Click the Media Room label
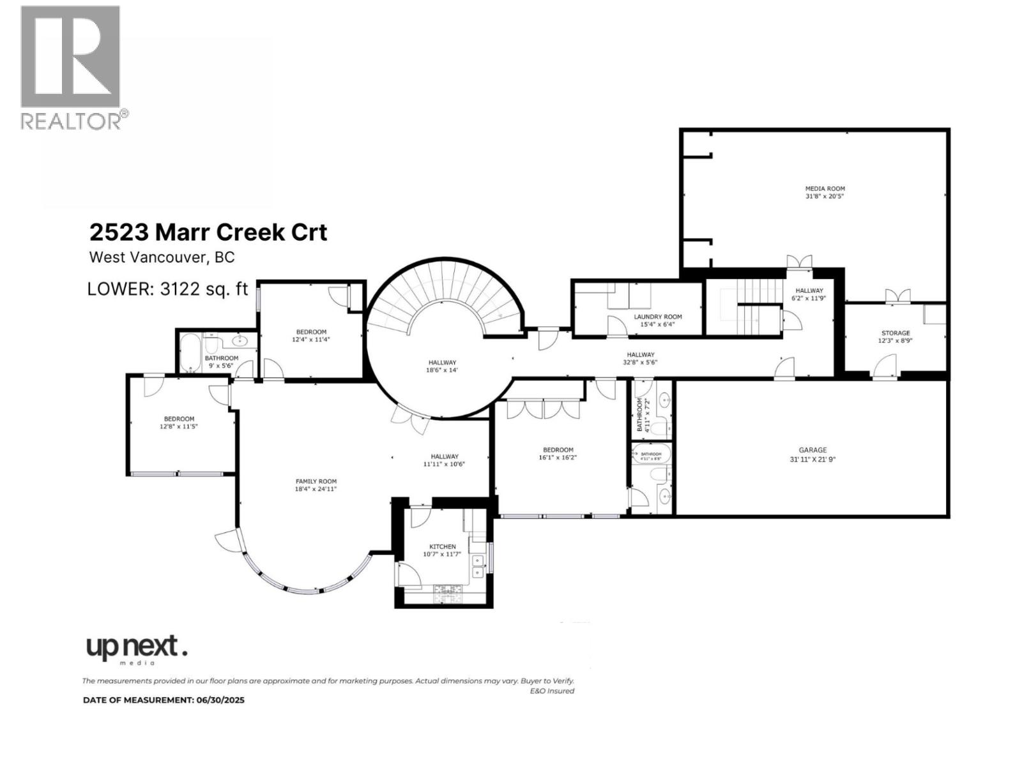click(x=825, y=189)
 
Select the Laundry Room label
click(x=657, y=317)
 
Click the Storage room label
click(x=895, y=333)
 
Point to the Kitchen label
click(x=442, y=546)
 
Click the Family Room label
click(x=316, y=481)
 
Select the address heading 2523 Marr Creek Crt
click(x=208, y=232)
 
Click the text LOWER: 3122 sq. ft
click(x=167, y=289)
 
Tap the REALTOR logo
click(x=72, y=67)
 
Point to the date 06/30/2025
click(x=220, y=700)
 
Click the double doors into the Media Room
click(x=799, y=262)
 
